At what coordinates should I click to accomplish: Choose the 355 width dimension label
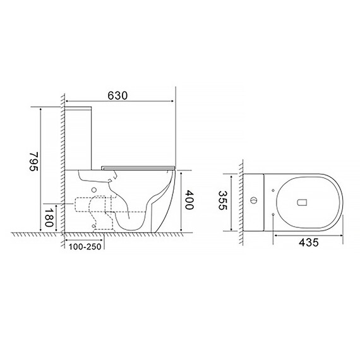click(x=222, y=201)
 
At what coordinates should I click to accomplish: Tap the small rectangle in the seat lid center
click(x=301, y=203)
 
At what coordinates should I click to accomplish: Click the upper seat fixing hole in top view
click(x=272, y=189)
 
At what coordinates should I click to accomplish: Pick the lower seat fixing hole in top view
click(x=272, y=215)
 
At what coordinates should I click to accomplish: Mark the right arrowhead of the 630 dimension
click(x=172, y=101)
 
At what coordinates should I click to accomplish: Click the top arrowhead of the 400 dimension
click(x=182, y=172)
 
